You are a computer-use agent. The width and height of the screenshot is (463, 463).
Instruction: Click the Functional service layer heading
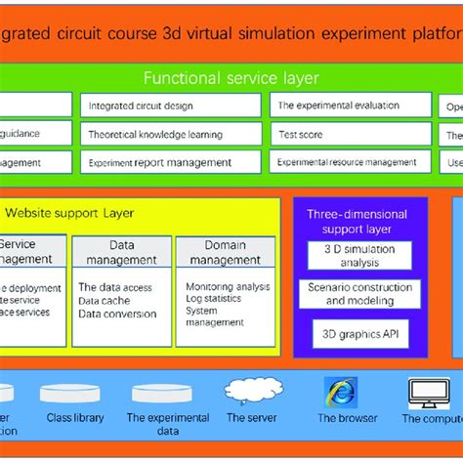tap(231, 78)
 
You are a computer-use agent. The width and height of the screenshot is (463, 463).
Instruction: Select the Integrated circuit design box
tap(173, 105)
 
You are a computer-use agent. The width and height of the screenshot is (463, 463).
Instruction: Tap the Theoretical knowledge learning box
tap(173, 134)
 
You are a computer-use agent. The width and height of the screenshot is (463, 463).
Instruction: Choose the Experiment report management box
tap(173, 162)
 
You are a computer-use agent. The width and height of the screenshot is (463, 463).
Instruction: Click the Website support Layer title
tap(70, 212)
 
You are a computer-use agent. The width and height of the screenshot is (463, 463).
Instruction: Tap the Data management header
tap(121, 252)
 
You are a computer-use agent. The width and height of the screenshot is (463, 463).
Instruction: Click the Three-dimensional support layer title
tap(349, 221)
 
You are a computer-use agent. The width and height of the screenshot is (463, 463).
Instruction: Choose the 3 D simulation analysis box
tap(359, 256)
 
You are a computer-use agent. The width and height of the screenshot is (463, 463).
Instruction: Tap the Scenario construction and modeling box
tap(359, 294)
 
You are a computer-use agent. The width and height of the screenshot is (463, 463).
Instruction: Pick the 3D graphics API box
tap(359, 334)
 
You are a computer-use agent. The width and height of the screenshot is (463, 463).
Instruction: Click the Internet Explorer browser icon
tap(340, 393)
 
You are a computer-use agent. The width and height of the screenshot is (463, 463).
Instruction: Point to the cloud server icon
tap(245, 392)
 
